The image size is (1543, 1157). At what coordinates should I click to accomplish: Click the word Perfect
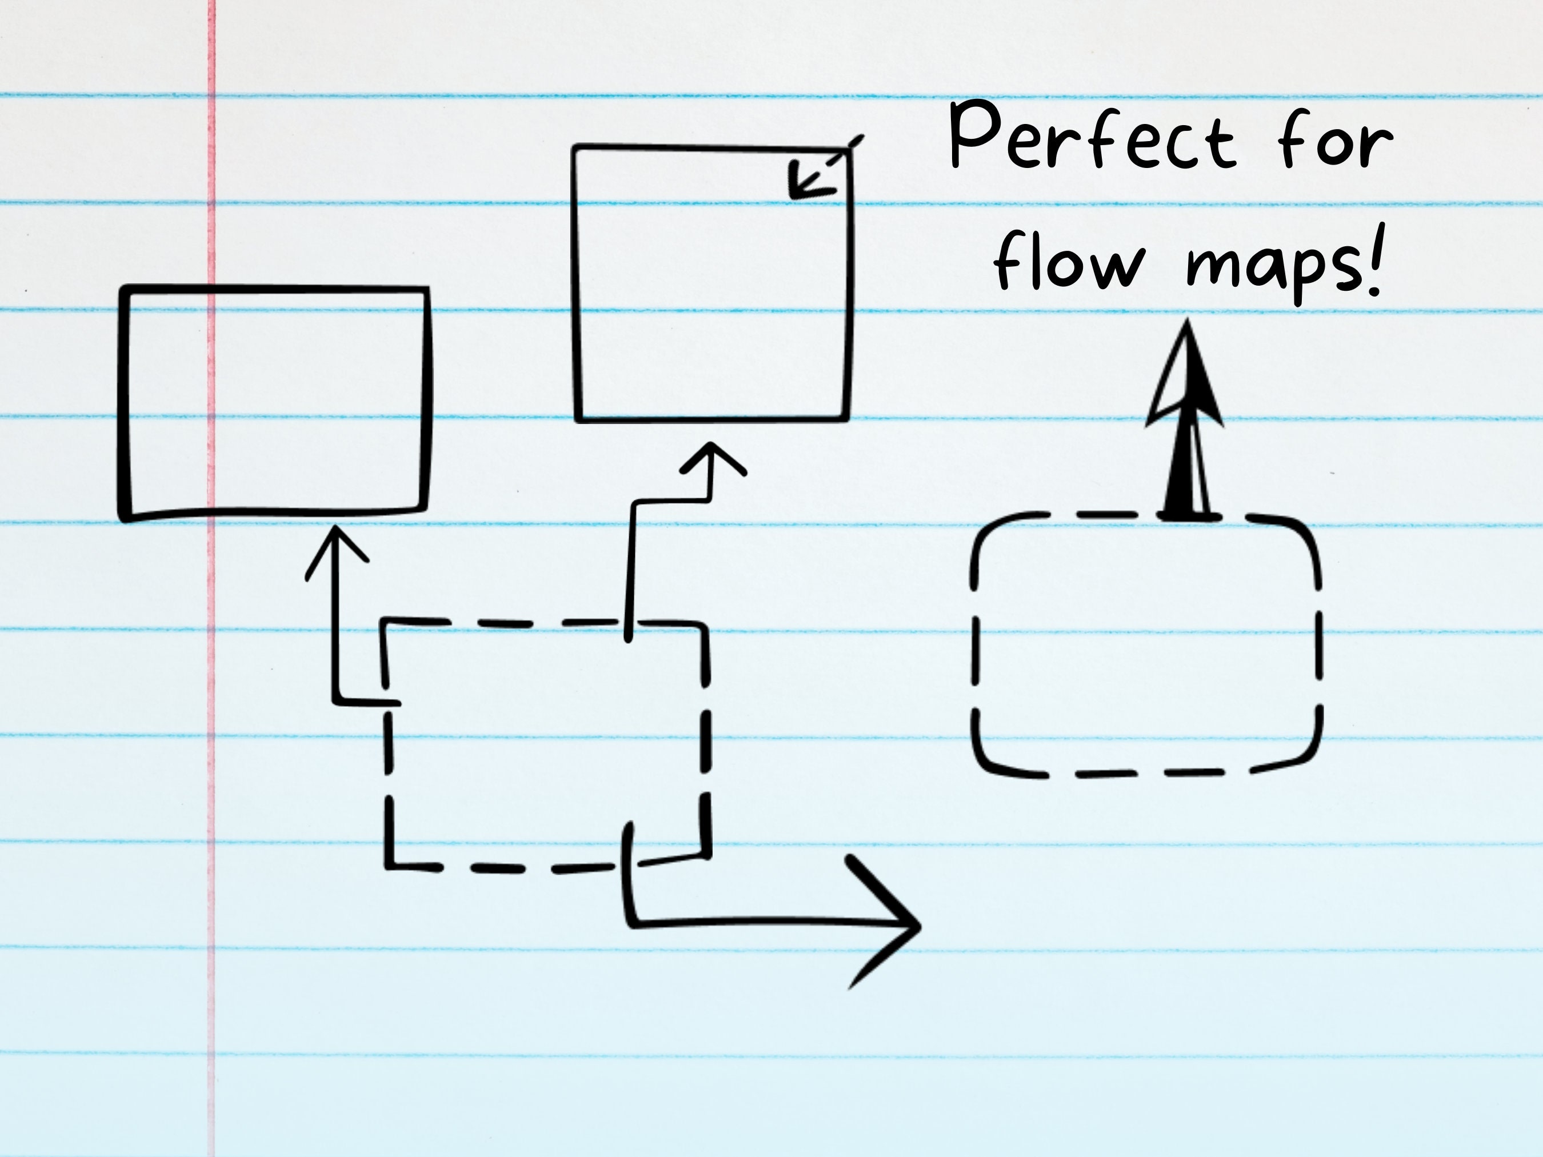(1092, 135)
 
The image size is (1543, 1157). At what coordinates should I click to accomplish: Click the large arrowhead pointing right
(883, 922)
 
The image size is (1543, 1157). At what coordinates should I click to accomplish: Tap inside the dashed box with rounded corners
(1146, 645)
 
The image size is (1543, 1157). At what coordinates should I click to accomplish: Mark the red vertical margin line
(211, 579)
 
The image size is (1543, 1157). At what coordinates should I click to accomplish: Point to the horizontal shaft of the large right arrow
(767, 922)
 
